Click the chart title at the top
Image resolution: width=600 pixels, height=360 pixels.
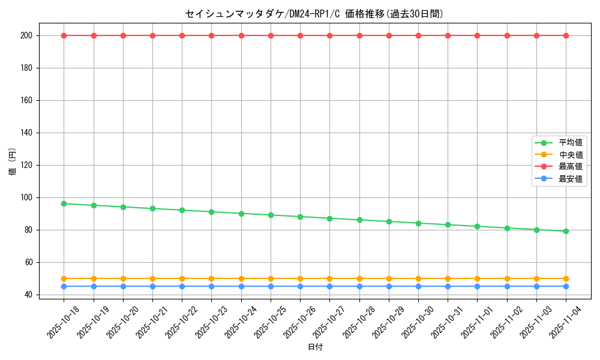click(x=314, y=14)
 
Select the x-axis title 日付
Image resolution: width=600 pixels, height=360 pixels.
click(x=315, y=347)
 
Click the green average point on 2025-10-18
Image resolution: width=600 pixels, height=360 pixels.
click(x=64, y=203)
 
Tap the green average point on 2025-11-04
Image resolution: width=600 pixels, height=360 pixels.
click(x=566, y=231)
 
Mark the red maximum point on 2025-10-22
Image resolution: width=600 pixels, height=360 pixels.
click(x=182, y=35)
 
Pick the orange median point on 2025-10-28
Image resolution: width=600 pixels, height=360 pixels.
click(x=359, y=278)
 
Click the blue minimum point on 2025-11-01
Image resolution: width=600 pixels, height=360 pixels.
click(x=477, y=286)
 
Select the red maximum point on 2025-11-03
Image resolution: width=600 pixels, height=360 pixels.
click(x=536, y=35)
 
